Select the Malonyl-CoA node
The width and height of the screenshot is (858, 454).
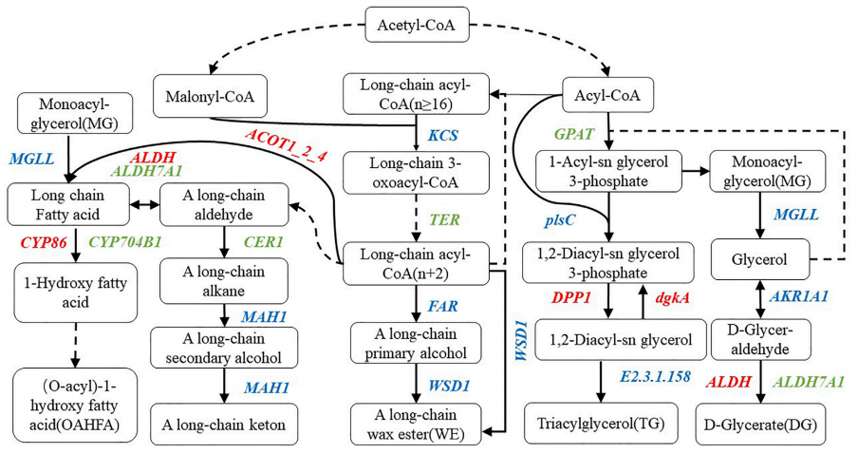tap(210, 95)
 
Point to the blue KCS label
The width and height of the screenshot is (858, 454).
tap(442, 134)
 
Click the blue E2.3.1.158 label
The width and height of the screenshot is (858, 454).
tap(656, 376)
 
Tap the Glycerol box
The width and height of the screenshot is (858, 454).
tap(759, 257)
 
